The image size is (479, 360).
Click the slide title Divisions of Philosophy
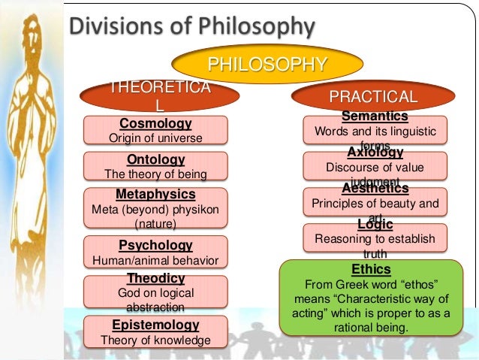[191, 29]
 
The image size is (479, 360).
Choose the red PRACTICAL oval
[373, 97]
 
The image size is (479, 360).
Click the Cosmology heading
[155, 123]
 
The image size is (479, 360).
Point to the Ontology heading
[155, 160]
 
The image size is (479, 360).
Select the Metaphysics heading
[155, 194]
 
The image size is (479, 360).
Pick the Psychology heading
[155, 245]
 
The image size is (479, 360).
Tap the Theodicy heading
[155, 279]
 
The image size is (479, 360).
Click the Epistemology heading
[155, 325]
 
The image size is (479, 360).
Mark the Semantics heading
[375, 116]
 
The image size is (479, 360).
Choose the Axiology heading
[375, 153]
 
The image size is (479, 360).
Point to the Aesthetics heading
[375, 188]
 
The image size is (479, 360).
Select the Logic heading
[375, 224]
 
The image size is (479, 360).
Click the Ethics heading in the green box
[371, 269]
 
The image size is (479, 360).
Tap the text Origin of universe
[155, 138]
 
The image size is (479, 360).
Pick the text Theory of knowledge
[155, 340]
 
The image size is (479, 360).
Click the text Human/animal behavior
[155, 261]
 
